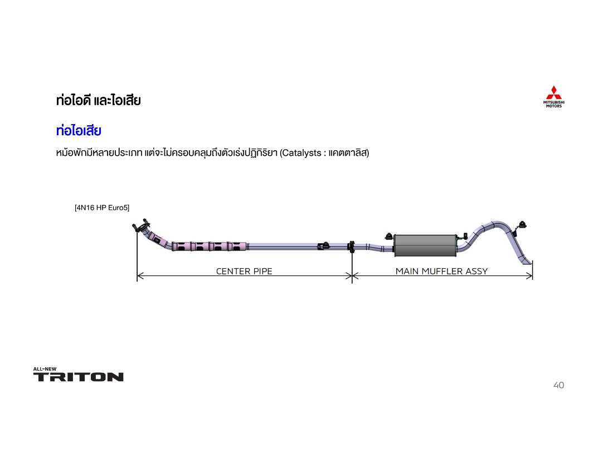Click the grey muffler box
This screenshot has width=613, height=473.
pyautogui.click(x=425, y=245)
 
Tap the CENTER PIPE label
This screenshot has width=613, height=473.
pyautogui.click(x=244, y=271)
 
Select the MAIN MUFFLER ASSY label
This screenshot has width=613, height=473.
pyautogui.click(x=441, y=271)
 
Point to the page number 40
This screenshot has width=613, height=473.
pyautogui.click(x=558, y=385)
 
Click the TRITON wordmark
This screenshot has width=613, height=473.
pyautogui.click(x=78, y=377)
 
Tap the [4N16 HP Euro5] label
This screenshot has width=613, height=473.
pyautogui.click(x=102, y=208)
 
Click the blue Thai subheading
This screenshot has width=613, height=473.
pyautogui.click(x=79, y=130)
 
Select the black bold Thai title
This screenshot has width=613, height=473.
pyautogui.click(x=99, y=100)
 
